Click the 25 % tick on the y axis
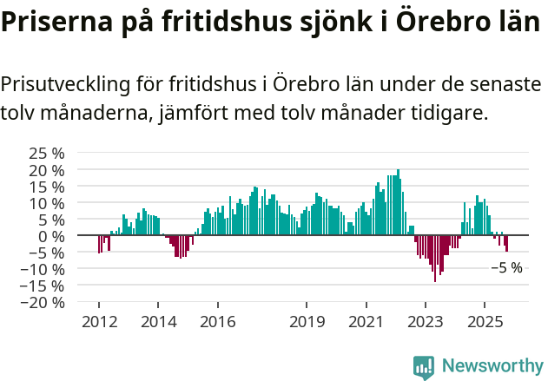(46, 154)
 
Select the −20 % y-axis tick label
(43, 303)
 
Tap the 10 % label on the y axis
(46, 203)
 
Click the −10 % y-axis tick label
(43, 269)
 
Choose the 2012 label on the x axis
(98, 321)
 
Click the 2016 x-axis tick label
(217, 321)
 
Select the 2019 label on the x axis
(306, 321)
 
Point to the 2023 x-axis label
(425, 321)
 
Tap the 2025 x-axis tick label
(484, 321)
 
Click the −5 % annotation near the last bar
(506, 268)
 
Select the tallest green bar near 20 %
(398, 203)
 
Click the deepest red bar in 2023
(435, 259)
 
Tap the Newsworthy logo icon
(424, 366)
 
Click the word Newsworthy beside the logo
(492, 366)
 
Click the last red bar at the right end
(506, 244)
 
